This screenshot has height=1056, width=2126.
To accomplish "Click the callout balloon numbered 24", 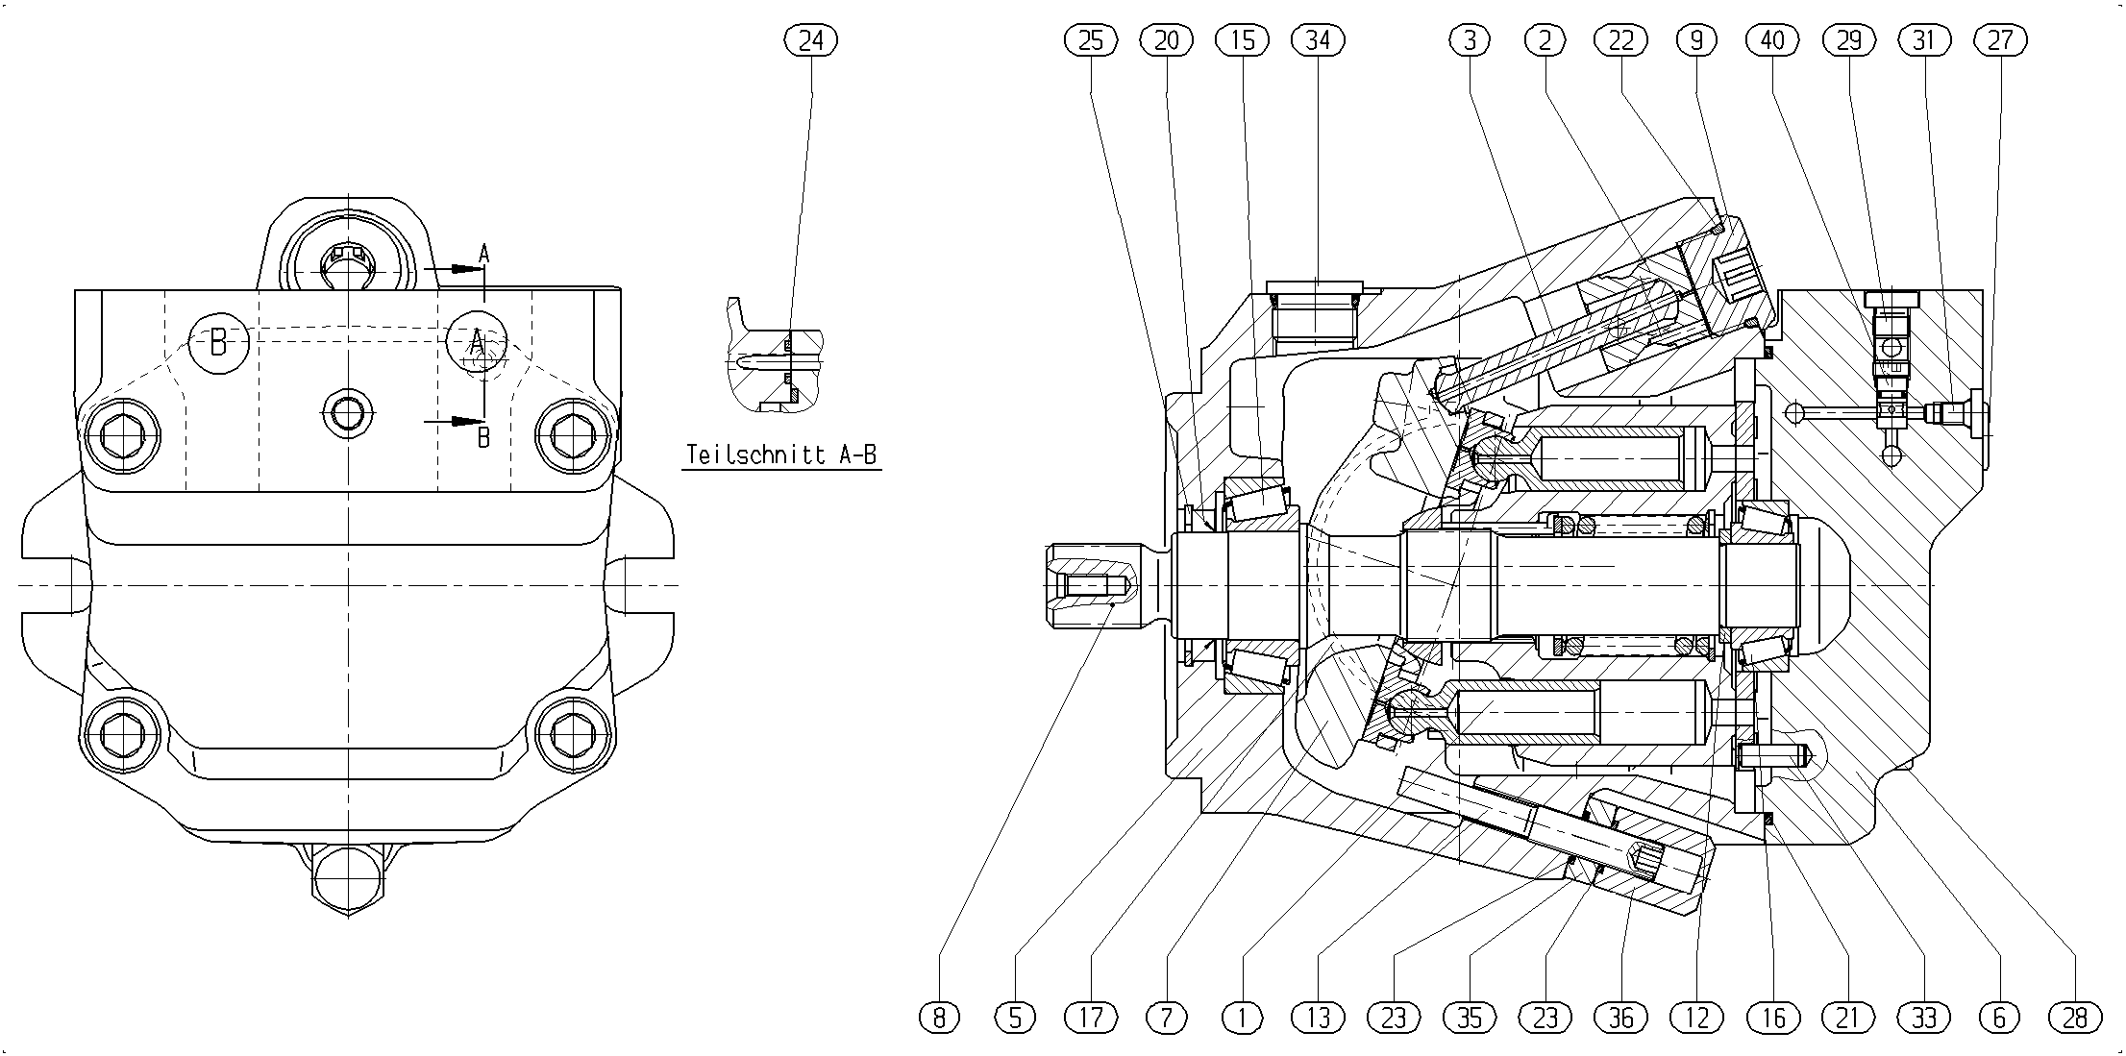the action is click(811, 40).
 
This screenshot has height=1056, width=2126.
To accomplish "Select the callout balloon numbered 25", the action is click(1091, 40).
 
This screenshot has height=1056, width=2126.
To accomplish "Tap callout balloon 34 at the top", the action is click(1319, 40).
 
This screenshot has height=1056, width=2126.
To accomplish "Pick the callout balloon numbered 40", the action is click(1772, 40).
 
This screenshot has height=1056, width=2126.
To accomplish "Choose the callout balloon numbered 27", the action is click(2000, 40).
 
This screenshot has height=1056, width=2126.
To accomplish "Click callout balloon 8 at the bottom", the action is click(939, 1017).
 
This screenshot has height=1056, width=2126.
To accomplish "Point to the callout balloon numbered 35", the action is click(1470, 1017).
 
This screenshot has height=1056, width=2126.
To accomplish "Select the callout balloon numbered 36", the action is click(1621, 1017).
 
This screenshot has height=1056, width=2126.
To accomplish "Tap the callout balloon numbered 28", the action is click(2076, 1017).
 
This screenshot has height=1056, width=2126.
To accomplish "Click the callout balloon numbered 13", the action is click(1319, 1017).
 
